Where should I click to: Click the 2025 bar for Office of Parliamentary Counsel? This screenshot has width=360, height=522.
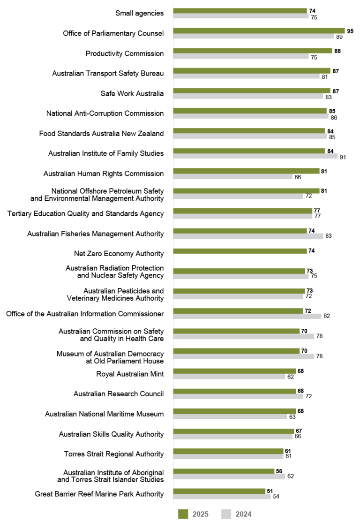point(258,31)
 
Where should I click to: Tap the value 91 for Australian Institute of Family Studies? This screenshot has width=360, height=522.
point(343,157)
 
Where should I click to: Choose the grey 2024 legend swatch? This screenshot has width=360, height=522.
point(225,514)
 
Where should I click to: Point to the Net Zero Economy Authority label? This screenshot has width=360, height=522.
point(119,254)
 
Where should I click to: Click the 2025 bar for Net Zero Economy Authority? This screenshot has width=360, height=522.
point(240,251)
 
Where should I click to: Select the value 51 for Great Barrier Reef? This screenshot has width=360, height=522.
point(270,491)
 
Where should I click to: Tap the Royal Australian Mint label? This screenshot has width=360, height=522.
point(130,374)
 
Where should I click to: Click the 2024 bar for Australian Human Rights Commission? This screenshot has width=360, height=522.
point(233,177)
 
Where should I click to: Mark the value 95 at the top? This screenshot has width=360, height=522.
point(350,31)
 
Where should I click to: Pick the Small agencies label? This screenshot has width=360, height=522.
point(139,13)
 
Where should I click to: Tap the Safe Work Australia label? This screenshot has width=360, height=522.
point(132,93)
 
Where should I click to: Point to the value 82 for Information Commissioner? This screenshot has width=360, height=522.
point(327,316)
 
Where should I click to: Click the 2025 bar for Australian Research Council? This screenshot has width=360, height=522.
point(234,391)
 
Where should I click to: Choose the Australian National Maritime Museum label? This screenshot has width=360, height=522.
point(104,414)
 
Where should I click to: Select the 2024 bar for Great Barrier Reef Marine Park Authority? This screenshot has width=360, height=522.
point(222,496)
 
